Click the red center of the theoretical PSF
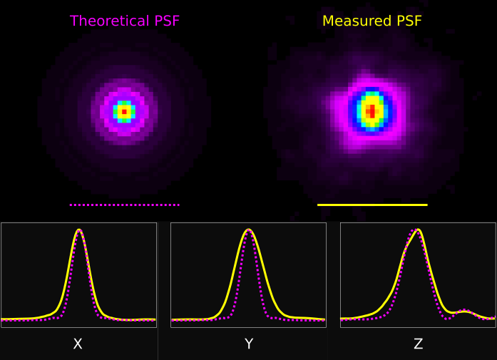[x=124, y=112]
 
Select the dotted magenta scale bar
[x=124, y=205]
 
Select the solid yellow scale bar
[x=372, y=205]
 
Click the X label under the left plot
[x=78, y=344]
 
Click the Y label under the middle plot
[x=248, y=344]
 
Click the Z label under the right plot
[x=418, y=344]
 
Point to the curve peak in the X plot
[x=78, y=230]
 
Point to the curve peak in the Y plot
[x=248, y=230]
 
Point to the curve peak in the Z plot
[x=418, y=230]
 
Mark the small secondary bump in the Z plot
[x=465, y=311]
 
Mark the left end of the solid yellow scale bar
[x=319, y=205]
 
